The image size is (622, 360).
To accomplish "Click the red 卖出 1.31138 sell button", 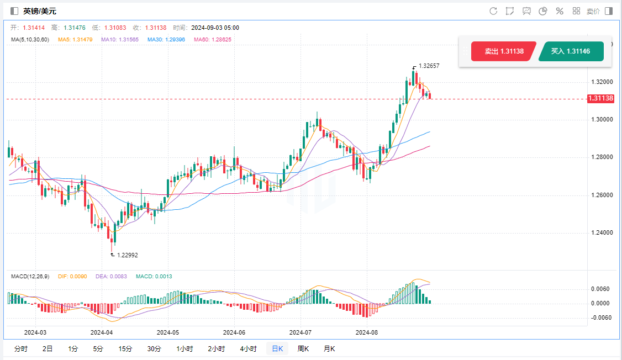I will (x=503, y=51).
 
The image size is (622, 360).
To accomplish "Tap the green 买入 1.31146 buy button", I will (x=571, y=51).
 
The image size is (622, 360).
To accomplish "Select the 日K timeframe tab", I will (x=277, y=348).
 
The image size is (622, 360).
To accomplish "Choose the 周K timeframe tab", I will (x=303, y=348).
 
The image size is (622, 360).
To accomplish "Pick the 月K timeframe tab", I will (x=329, y=348).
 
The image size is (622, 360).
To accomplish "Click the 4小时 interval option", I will (x=248, y=348).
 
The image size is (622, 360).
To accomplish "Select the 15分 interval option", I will (x=125, y=348).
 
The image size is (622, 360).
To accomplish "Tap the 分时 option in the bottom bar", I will (x=20, y=348).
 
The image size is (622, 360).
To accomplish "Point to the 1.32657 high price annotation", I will (x=429, y=66).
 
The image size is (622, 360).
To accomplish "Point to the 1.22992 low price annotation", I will (x=127, y=255).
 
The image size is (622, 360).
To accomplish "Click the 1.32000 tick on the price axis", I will (x=602, y=82).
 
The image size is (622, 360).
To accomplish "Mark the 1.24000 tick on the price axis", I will (x=602, y=232).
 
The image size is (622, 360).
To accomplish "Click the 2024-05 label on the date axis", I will (x=168, y=332).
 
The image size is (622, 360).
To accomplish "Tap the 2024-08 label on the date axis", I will (x=367, y=332).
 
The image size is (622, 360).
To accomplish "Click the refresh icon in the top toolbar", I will (x=493, y=11).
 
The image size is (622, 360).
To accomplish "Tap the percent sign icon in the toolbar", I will (x=559, y=11).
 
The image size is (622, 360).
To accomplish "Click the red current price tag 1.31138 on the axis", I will (x=600, y=98).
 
